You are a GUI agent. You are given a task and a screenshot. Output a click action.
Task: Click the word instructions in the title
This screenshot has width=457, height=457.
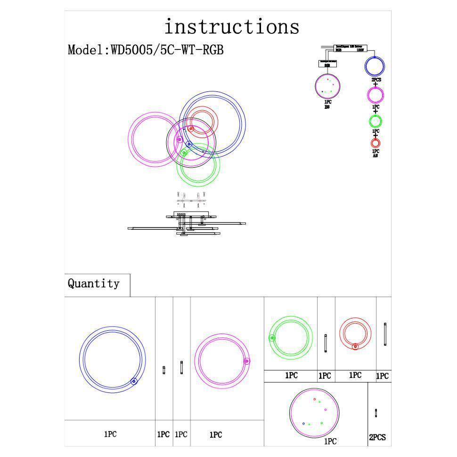[x=232, y=27]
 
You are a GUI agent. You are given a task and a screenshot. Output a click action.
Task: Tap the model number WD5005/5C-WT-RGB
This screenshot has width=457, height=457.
[x=167, y=50]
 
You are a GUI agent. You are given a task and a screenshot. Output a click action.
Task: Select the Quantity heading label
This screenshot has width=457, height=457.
[x=94, y=284]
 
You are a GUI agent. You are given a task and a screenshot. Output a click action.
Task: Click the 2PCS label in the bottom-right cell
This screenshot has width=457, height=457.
[x=377, y=438]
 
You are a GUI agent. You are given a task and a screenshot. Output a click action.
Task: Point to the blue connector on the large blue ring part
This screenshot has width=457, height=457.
[x=134, y=381]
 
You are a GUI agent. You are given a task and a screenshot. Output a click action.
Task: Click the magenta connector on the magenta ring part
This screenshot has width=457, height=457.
[x=247, y=361]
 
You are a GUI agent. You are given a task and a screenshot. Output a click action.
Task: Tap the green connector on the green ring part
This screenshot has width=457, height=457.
[x=272, y=337]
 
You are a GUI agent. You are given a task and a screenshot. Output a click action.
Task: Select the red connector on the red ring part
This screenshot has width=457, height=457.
[x=355, y=346]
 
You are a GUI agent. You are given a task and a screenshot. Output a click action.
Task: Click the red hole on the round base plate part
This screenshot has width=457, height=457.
[x=315, y=399]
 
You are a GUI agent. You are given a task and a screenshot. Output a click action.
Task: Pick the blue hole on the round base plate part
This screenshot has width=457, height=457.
[x=303, y=424]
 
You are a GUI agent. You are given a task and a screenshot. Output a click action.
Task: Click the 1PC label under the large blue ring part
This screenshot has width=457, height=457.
[x=110, y=434]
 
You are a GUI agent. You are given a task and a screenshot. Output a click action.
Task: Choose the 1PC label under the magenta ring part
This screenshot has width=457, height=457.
[x=216, y=435]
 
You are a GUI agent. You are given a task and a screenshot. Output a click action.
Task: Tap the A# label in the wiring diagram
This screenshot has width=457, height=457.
[x=375, y=156]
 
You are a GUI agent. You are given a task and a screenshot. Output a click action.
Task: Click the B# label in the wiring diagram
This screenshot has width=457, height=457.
[x=327, y=107]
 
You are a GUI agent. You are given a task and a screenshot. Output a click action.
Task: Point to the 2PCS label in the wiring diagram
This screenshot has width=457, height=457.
[x=376, y=80]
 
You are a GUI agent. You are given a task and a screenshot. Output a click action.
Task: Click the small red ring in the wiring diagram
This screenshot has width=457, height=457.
[x=375, y=143]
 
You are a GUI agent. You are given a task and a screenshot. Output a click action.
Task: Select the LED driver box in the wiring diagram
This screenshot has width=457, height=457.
[x=351, y=48]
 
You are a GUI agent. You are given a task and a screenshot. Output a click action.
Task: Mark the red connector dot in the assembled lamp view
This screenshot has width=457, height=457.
[x=191, y=129]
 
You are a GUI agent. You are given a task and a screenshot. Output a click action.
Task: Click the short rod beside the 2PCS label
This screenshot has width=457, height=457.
[x=375, y=413]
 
